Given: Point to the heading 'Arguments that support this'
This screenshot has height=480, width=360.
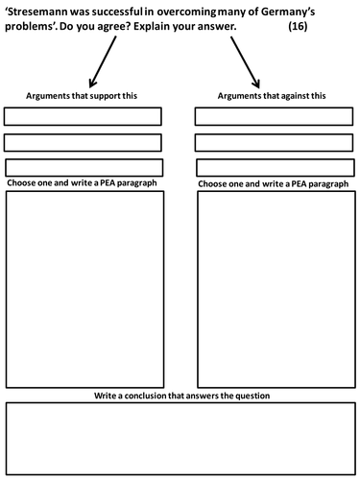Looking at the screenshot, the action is click(x=84, y=97).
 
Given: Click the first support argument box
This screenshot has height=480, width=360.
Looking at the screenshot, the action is click(x=83, y=117).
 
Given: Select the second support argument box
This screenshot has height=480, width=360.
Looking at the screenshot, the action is click(x=83, y=142).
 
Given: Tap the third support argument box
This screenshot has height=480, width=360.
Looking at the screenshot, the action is click(x=83, y=167).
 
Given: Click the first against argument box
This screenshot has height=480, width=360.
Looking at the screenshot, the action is click(x=273, y=117).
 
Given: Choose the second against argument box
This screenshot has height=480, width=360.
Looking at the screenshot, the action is click(x=273, y=142).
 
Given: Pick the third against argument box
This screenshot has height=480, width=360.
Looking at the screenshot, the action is click(x=273, y=167).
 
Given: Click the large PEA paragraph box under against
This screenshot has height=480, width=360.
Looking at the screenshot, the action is click(x=273, y=288).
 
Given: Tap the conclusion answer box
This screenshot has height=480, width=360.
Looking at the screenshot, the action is click(x=179, y=426).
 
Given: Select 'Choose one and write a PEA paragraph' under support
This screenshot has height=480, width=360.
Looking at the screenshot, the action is click(x=82, y=182).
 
